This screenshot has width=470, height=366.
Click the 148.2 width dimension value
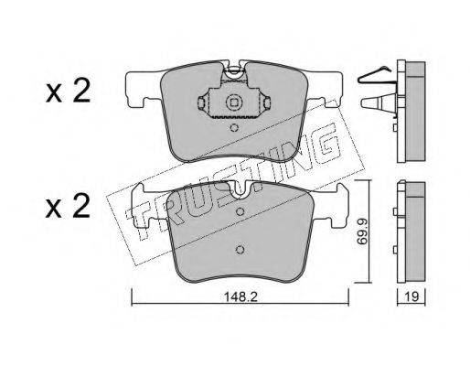click(x=240, y=296)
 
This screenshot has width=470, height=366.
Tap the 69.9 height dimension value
click(x=362, y=231)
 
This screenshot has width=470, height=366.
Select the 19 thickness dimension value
click(x=411, y=296)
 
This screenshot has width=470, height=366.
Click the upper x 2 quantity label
click(x=68, y=91)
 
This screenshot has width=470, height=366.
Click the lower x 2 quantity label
click(x=68, y=206)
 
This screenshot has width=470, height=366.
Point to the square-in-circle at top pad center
click(x=234, y=103)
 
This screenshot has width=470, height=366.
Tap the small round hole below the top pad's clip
click(x=234, y=127)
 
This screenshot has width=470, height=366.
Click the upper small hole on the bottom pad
click(x=240, y=211)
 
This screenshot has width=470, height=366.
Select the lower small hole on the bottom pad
click(x=240, y=250)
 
